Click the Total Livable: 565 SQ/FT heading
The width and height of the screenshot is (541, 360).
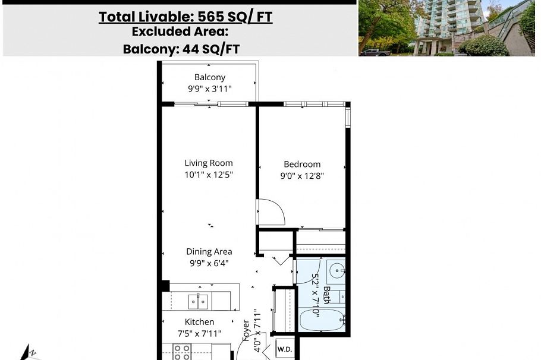click(185, 17)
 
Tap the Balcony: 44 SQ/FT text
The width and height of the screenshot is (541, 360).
click(181, 49)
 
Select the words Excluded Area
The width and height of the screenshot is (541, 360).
click(180, 32)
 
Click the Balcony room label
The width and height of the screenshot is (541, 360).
click(209, 77)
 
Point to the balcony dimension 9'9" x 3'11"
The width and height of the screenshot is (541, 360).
click(209, 89)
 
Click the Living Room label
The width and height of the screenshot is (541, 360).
click(209, 163)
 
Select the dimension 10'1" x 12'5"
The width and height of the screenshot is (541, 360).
click(209, 175)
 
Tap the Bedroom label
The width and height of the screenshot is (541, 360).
click(302, 164)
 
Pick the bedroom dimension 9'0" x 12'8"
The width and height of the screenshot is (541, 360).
click(302, 176)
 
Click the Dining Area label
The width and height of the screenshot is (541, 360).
click(209, 251)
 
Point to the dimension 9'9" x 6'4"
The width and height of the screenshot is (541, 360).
click(209, 263)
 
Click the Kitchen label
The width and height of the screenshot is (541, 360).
click(199, 322)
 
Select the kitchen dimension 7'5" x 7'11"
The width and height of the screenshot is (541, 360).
click(199, 333)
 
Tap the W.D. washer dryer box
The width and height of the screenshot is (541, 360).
click(285, 349)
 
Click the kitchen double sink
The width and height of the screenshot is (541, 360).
click(199, 301)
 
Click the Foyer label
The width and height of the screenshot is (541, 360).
click(246, 330)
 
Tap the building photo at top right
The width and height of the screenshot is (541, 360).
click(446, 28)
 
